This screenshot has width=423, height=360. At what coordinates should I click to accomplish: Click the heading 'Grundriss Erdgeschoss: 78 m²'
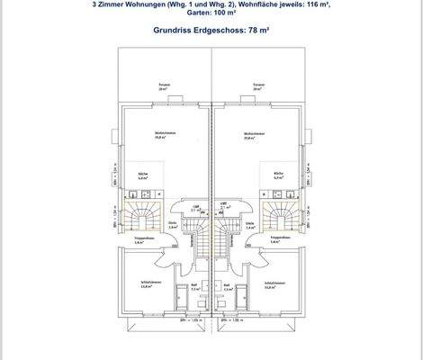(x=211, y=29)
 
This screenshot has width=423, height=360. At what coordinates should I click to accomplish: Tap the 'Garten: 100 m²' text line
(x=211, y=13)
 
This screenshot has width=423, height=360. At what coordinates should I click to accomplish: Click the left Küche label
(x=142, y=175)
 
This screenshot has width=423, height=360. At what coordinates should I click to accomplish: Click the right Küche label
(x=279, y=175)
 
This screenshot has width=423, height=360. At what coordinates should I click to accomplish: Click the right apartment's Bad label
(x=227, y=288)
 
